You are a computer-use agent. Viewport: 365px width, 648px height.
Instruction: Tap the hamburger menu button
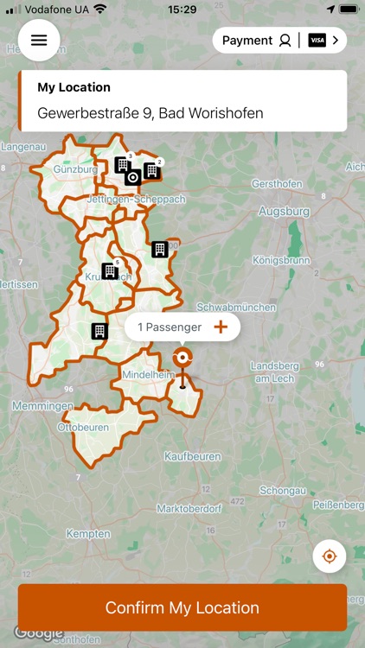click(39, 40)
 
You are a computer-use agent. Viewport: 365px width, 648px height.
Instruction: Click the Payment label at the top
click(247, 41)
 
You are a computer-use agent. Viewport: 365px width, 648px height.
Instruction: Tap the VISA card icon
click(317, 41)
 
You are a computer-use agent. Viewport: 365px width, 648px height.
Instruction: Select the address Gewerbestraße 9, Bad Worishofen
click(150, 113)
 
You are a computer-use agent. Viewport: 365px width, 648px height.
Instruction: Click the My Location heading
click(74, 87)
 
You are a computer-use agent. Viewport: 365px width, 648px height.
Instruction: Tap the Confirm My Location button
click(182, 607)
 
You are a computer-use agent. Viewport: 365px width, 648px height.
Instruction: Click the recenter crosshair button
click(329, 556)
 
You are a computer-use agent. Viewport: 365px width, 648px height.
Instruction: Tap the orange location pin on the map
click(182, 359)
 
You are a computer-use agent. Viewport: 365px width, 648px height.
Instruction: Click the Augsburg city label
click(284, 211)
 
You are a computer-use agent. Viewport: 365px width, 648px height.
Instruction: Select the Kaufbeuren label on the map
click(193, 456)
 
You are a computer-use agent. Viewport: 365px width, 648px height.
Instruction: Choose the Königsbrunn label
click(280, 259)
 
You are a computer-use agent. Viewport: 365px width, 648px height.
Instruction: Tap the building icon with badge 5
click(110, 271)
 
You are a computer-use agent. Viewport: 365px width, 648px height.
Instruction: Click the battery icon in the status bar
click(348, 9)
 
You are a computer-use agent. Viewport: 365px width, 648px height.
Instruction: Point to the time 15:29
click(182, 9)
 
